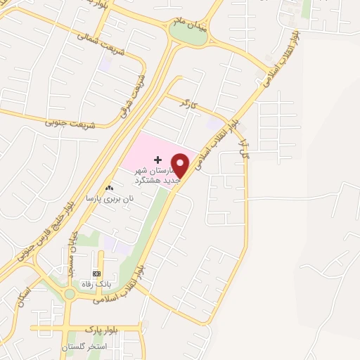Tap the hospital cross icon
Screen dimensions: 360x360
point(157,161)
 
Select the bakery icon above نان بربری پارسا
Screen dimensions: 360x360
point(108,188)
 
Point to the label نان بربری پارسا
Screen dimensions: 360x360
point(108,199)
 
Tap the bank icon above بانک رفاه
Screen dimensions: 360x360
point(96,274)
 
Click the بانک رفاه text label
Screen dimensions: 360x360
point(98,283)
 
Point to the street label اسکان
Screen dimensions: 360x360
point(26,289)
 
